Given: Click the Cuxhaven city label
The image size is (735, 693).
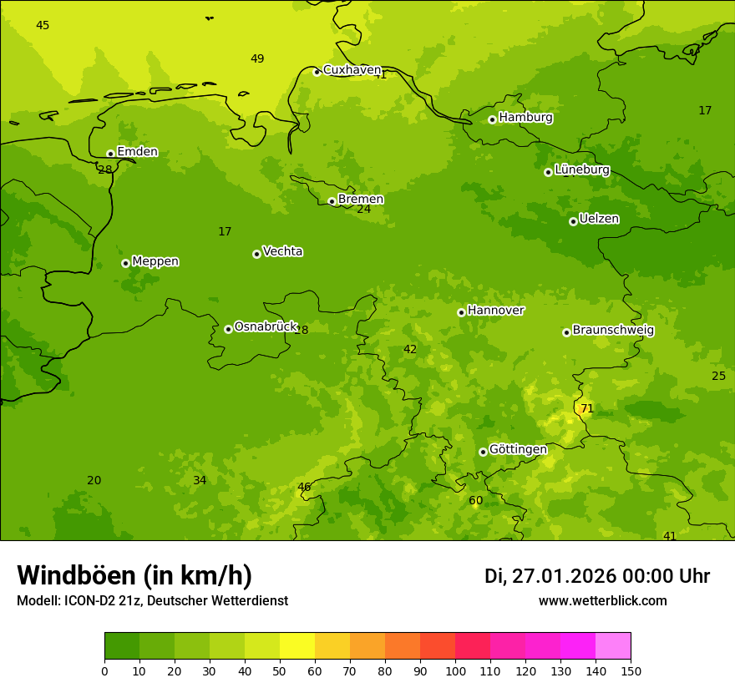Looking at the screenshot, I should (352, 70).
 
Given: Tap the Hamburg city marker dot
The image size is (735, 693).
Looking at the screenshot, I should (492, 119).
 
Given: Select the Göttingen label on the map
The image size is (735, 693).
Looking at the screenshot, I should (518, 449).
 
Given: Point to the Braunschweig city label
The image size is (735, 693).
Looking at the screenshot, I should (613, 330).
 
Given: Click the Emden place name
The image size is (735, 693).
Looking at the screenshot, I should (137, 152).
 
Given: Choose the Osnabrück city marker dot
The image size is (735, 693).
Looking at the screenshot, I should (228, 329).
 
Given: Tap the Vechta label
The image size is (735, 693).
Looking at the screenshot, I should (282, 251).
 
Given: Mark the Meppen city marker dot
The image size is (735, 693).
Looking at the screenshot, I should (125, 263).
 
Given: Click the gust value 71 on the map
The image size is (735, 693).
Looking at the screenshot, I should (587, 408).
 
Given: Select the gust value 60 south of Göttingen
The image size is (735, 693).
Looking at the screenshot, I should (475, 501).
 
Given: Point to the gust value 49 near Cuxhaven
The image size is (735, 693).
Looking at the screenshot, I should (257, 58).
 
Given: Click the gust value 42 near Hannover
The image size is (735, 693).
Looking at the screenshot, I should (410, 349).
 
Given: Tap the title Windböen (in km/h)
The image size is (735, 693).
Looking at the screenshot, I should (134, 575).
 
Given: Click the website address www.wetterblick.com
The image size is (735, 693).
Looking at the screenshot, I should (602, 600).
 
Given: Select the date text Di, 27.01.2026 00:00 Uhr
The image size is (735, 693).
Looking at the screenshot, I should (597, 576).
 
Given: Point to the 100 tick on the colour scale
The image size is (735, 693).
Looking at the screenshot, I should (455, 670).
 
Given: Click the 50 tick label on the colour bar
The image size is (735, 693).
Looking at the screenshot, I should (280, 670).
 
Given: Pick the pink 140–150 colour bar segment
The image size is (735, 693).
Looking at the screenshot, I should (613, 646).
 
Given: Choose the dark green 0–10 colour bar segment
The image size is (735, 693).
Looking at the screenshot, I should (122, 646).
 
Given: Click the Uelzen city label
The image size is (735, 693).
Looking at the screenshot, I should (599, 219).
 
